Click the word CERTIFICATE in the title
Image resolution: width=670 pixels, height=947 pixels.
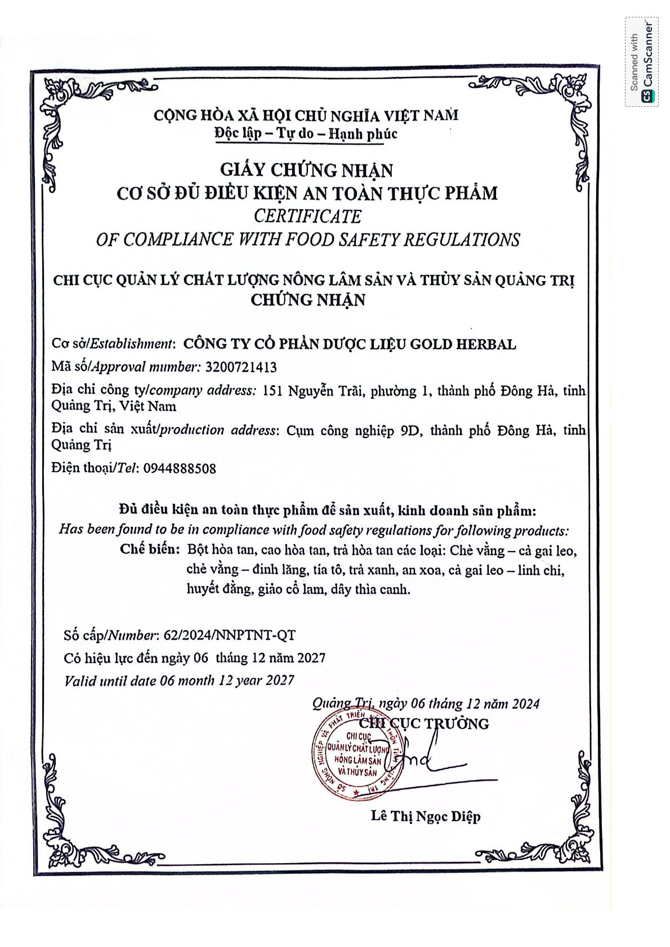(x=307, y=217)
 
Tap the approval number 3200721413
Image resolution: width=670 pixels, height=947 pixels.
(x=242, y=367)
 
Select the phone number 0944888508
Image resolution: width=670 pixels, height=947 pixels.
(x=180, y=468)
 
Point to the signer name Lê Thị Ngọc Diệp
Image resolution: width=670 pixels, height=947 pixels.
(x=426, y=817)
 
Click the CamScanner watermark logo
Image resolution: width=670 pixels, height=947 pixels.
(x=641, y=62)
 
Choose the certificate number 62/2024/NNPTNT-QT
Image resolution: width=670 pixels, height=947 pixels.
(x=229, y=635)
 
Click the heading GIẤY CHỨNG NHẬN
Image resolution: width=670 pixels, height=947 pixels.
(x=306, y=169)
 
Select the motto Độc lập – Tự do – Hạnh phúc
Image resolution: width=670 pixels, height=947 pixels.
(x=306, y=134)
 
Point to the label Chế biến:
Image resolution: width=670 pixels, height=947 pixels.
(x=150, y=549)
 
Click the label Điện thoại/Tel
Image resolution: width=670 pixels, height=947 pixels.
(x=95, y=468)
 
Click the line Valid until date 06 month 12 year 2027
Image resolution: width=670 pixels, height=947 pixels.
(x=179, y=680)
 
